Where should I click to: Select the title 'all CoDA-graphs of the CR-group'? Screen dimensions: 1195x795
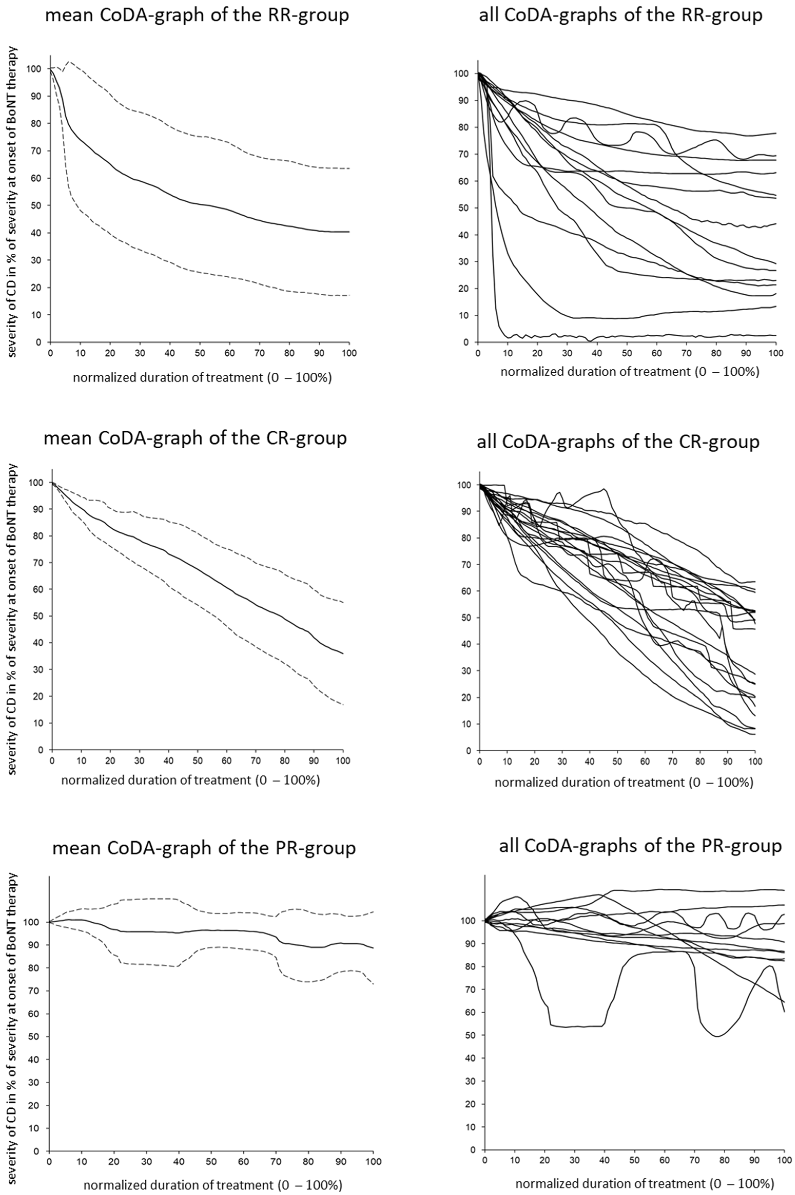(x=618, y=442)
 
